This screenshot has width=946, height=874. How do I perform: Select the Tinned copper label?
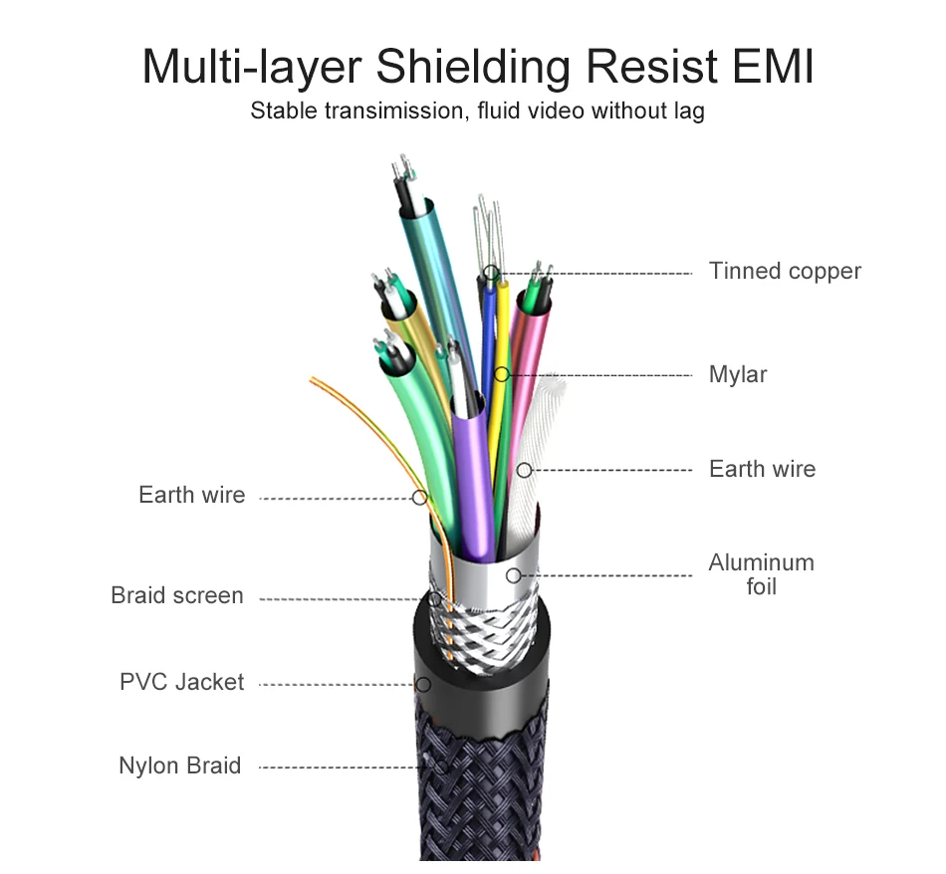point(785,271)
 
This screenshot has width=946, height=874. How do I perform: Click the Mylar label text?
point(738,375)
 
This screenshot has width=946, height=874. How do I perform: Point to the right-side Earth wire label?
point(762,469)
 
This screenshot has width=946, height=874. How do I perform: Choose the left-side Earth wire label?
point(191,495)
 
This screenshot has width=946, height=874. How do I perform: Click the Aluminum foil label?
point(761,574)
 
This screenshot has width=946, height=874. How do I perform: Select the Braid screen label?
point(177,596)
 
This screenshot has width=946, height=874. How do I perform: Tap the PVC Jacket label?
point(181,683)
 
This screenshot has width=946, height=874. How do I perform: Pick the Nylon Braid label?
point(179,765)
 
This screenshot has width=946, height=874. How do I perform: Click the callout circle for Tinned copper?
point(491,272)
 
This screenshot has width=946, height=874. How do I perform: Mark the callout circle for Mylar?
point(502,375)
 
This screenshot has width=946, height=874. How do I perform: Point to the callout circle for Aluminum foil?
point(513,575)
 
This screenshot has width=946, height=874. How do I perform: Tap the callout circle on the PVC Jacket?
point(423,685)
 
